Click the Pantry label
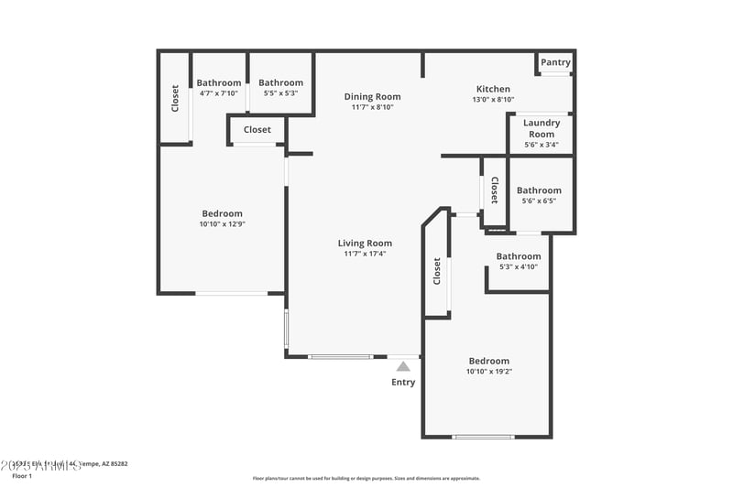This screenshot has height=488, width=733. tap(555, 62)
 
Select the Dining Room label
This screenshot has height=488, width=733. tap(372, 96)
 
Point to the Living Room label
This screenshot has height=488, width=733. tap(365, 243)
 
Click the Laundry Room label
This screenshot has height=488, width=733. tap(541, 128)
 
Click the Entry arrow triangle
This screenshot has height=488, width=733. tap(403, 365)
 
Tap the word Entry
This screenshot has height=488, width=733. tap(403, 382)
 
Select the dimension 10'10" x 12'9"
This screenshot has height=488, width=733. tap(223, 224)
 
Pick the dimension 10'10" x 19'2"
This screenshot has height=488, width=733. tap(488, 372)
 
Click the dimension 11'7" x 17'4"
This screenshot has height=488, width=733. tap(365, 254)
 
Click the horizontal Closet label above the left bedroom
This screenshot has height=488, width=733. tap(257, 130)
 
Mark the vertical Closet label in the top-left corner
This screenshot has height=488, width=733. tap(175, 99)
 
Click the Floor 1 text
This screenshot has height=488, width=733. tap(21, 476)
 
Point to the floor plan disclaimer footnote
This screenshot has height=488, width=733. tap(366, 478)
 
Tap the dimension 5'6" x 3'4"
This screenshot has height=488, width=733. tap(541, 145)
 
